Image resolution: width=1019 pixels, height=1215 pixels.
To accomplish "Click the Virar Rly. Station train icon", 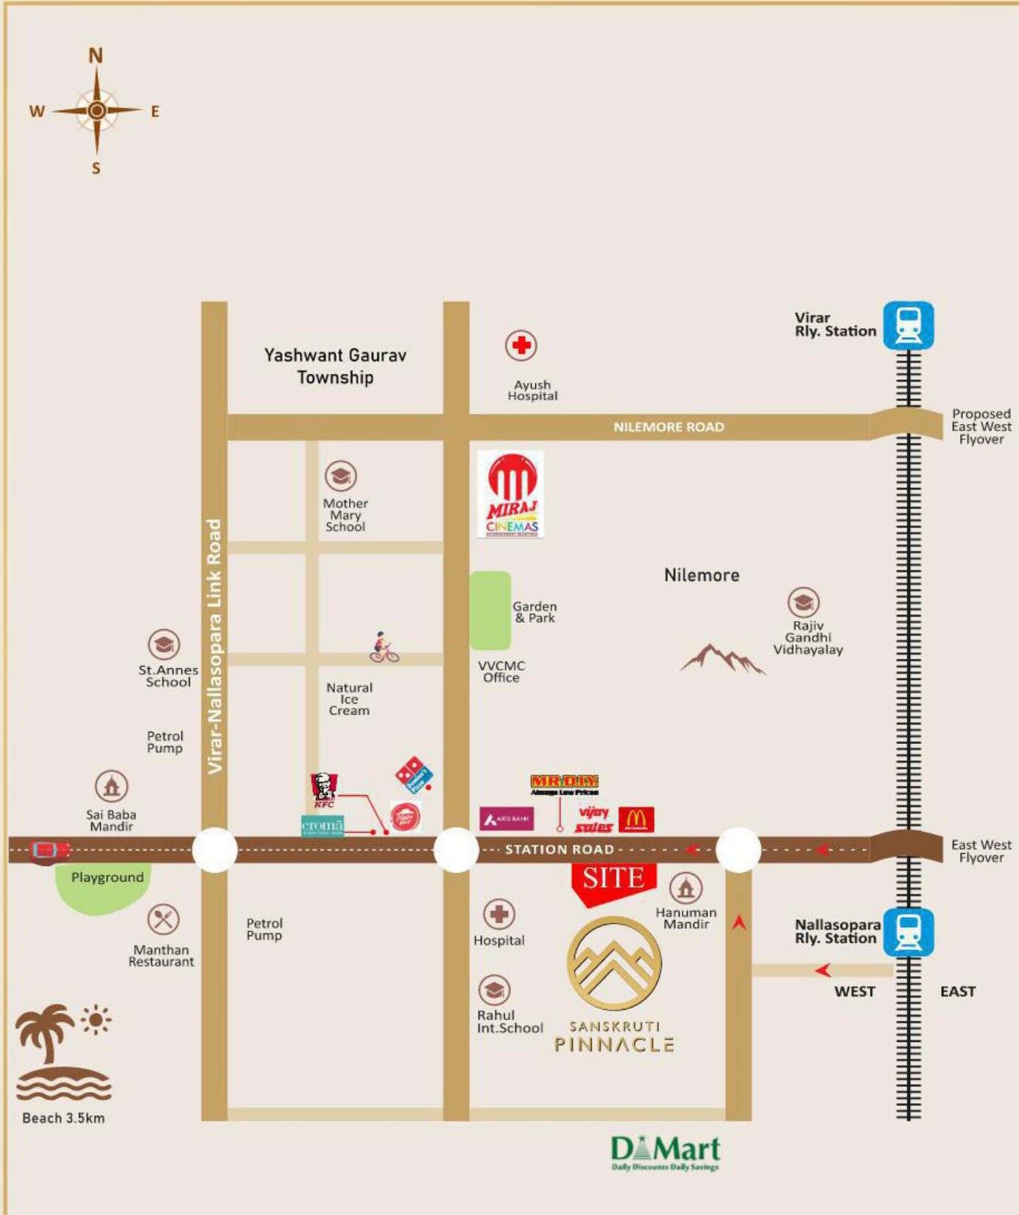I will click(909, 325).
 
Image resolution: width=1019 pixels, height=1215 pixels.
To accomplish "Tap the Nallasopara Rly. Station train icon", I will click(909, 932).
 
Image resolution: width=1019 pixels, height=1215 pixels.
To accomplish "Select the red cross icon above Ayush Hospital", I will click(521, 345).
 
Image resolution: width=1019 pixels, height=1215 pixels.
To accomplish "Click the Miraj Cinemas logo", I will click(511, 495).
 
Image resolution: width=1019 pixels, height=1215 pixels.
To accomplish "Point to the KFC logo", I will click(323, 790).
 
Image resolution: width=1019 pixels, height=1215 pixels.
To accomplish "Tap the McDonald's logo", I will click(636, 819).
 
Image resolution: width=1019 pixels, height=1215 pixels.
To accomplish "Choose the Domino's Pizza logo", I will click(415, 775).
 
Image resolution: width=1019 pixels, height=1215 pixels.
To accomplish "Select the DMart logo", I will click(665, 1152).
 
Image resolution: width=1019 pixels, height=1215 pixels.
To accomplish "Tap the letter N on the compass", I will click(96, 56).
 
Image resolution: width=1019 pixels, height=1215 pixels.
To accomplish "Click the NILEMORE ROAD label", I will click(669, 427).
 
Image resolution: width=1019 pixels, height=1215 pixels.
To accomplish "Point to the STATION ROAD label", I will click(559, 849).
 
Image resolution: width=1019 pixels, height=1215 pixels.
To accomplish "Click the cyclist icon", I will click(384, 648).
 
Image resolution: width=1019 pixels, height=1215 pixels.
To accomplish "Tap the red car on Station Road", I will click(49, 850).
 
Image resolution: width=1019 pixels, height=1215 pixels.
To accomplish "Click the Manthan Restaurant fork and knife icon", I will click(163, 919).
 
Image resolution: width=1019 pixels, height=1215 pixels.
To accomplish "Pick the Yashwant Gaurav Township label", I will click(335, 366).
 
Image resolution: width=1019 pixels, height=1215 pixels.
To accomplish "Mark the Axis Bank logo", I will click(507, 818).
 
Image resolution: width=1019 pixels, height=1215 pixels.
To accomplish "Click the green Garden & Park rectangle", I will click(490, 610).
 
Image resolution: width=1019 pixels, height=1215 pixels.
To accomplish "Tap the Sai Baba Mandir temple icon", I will click(111, 786).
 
